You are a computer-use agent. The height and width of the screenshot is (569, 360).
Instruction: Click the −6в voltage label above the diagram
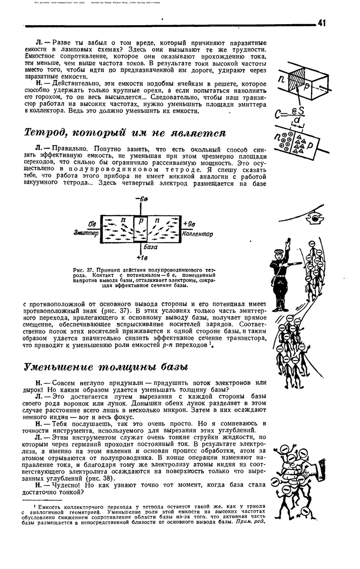[141, 199]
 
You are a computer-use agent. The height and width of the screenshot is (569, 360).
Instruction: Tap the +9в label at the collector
[188, 223]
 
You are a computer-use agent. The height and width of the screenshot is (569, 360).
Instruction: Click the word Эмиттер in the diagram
[85, 233]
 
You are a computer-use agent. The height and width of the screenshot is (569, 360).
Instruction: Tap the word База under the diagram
[150, 247]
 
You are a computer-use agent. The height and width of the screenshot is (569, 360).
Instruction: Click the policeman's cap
[280, 250]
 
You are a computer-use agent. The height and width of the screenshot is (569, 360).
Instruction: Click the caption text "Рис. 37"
[90, 270]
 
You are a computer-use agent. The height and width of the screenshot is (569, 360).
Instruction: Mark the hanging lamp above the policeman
[314, 217]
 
